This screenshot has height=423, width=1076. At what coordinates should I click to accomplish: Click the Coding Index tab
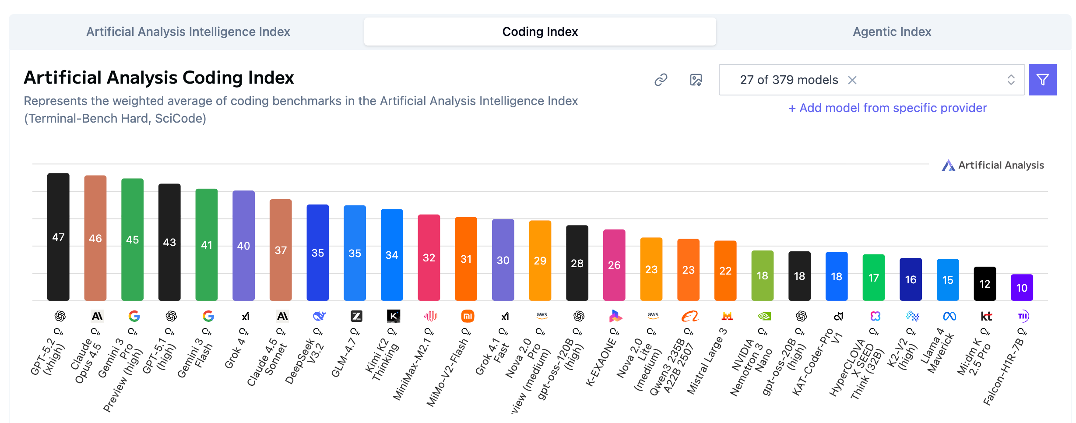pos(540,32)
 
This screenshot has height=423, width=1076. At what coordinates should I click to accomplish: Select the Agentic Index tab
pos(892,32)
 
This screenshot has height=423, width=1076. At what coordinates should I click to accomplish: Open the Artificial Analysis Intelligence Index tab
pos(188,32)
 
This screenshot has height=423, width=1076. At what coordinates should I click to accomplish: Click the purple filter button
pos(1042,80)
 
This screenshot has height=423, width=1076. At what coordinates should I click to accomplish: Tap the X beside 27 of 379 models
pos(852,80)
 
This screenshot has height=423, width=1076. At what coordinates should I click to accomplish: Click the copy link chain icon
pos(661,80)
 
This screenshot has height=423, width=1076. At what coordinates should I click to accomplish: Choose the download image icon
pos(696,80)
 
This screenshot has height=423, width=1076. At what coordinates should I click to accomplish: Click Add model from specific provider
pos(887,108)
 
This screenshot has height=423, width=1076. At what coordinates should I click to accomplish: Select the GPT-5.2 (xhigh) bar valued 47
pos(58,236)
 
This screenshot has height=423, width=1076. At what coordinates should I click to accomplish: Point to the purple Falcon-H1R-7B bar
pos(1022,287)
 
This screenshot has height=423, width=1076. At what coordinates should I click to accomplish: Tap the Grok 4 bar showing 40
pos(243,245)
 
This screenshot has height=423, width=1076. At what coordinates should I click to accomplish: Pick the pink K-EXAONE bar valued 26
pos(614,264)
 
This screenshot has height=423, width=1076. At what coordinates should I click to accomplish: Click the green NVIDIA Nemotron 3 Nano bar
pos(762,275)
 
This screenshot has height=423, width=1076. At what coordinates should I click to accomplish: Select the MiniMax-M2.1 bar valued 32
pos(429,257)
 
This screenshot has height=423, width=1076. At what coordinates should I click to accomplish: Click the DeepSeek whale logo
pos(319,316)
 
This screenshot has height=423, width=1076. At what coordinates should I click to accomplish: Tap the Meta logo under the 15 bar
pos(949,316)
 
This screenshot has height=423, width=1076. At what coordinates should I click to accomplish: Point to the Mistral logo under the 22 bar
pos(727,316)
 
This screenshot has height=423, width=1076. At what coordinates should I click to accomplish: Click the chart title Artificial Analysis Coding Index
pos(159,78)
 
